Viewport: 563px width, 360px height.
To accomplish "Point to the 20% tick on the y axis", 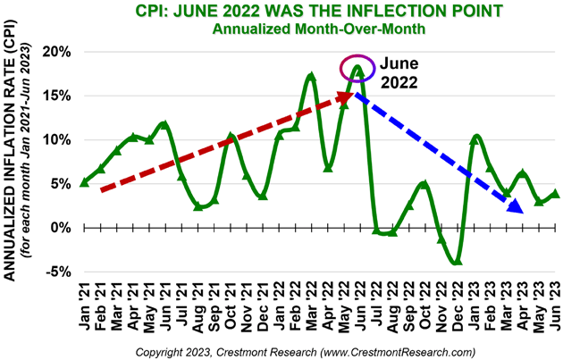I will pyautogui.click(x=55, y=52).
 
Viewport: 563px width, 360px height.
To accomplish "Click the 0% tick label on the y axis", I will pyautogui.click(x=58, y=228).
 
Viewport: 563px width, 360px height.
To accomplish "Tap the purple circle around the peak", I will pyautogui.click(x=357, y=67).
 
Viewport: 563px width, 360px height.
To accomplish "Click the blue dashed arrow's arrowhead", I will pyautogui.click(x=515, y=208).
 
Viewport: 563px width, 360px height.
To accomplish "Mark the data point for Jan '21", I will pyautogui.click(x=84, y=182).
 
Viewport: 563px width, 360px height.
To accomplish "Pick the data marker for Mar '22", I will pyautogui.click(x=311, y=77).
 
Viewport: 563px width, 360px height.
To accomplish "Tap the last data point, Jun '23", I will pyautogui.click(x=556, y=193).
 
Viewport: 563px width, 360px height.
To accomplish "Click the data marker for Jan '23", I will pyautogui.click(x=475, y=138).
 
